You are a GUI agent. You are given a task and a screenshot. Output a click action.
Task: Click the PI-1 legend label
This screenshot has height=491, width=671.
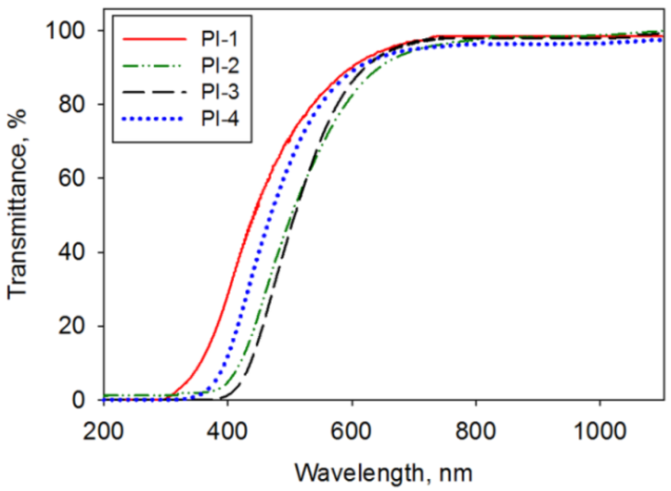[x=220, y=39]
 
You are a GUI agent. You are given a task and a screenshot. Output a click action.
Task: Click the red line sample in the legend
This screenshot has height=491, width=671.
[x=155, y=39]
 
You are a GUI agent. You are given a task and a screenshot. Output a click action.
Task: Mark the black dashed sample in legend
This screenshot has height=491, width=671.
[x=155, y=92]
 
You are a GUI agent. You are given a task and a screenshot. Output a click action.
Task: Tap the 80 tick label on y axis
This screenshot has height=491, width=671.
[x=72, y=104]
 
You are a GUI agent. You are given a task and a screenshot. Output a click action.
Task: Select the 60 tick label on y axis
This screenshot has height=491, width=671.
[x=72, y=178]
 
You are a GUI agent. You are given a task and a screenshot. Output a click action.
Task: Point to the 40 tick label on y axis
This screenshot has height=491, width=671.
[x=72, y=252]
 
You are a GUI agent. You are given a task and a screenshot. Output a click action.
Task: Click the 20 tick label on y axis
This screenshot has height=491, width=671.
[x=72, y=326]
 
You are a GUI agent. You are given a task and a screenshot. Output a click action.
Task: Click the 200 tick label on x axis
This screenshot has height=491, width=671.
[x=104, y=431]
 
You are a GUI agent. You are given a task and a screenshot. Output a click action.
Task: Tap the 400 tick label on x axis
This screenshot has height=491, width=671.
[x=227, y=431]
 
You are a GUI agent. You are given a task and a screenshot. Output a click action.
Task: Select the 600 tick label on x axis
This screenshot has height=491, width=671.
[x=351, y=431]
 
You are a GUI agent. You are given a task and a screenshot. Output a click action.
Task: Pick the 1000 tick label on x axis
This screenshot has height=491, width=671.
[x=599, y=431]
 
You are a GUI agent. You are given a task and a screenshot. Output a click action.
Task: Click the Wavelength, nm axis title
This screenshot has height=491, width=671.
[x=383, y=472]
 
